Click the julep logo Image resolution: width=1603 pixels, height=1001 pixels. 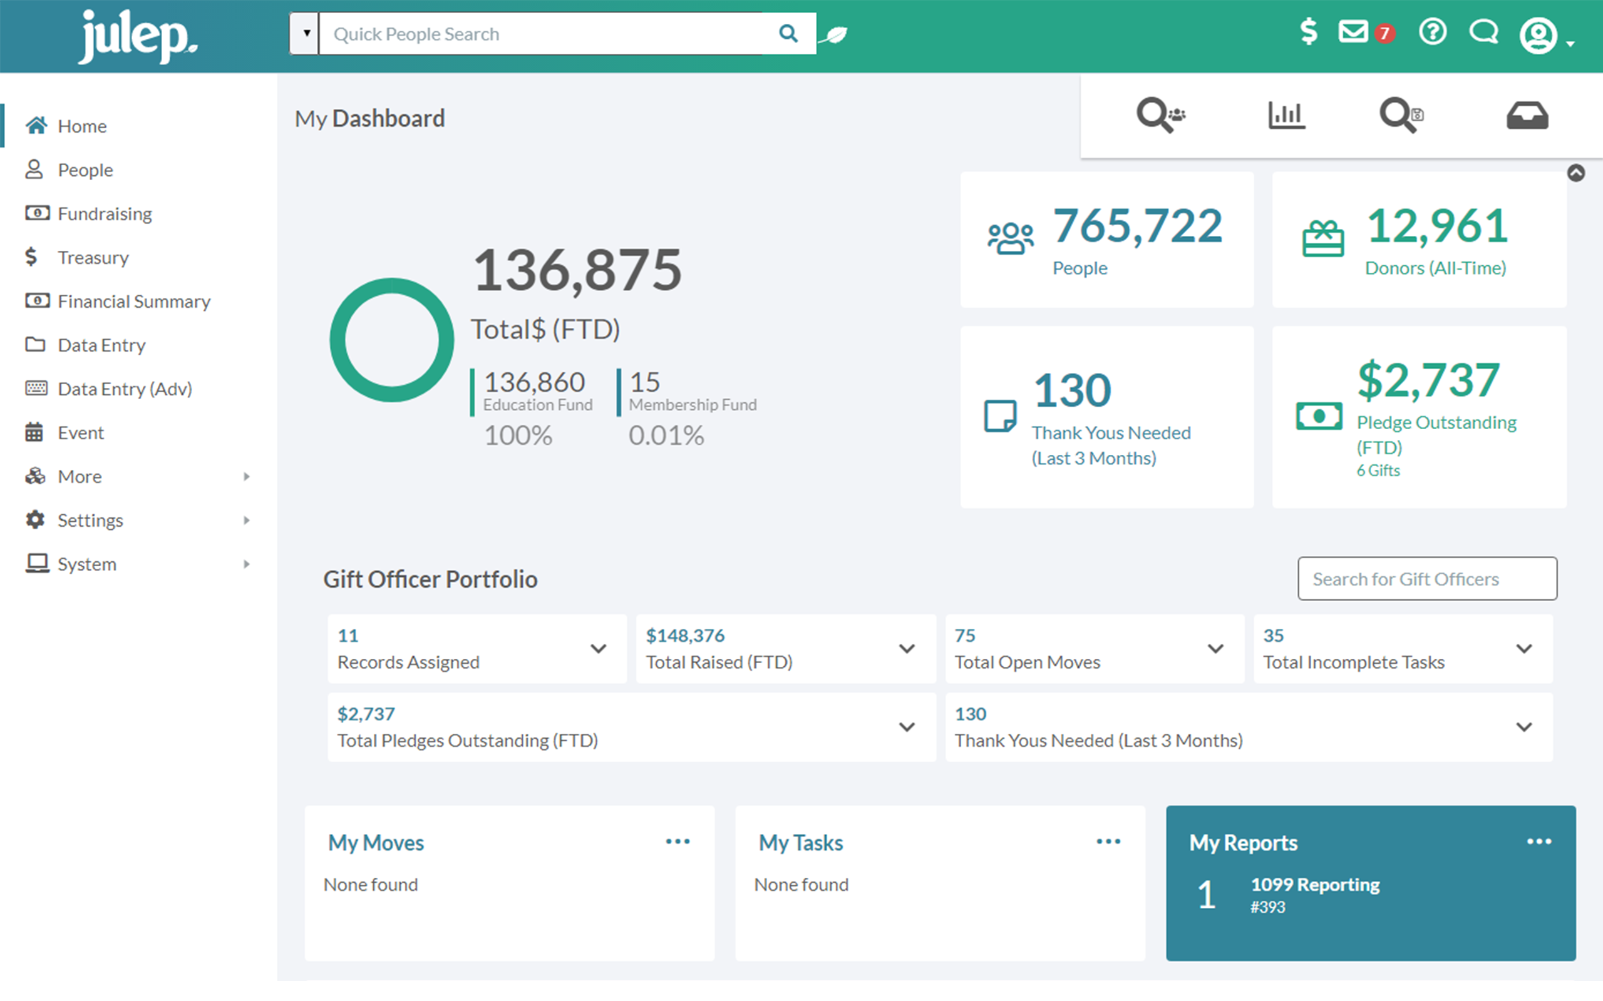point(138,36)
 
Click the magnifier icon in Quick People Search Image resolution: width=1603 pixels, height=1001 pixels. point(788,33)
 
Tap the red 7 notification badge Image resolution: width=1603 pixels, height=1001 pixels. point(1384,33)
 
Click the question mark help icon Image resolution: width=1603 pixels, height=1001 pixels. point(1432,32)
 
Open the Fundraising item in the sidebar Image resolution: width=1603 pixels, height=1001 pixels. point(105,214)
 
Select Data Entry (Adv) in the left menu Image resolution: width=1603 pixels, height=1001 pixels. point(125,389)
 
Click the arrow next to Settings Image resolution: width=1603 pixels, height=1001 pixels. point(247,521)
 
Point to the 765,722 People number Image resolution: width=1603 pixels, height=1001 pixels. point(1137,226)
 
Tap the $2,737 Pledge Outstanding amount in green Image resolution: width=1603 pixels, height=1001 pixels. point(1428,380)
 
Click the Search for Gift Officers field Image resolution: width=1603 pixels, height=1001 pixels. point(1427,579)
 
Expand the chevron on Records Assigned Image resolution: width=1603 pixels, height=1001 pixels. point(598,649)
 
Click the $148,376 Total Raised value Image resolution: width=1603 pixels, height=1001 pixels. point(685,636)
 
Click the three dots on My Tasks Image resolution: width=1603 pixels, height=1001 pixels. point(1108,841)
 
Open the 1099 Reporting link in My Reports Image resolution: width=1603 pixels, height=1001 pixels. point(1314,885)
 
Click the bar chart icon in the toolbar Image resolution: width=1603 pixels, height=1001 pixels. point(1286,116)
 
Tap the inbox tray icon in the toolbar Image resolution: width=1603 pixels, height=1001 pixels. point(1527,116)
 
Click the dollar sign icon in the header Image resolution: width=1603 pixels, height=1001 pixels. point(1308,32)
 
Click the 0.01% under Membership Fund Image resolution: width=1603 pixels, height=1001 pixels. point(666,435)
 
